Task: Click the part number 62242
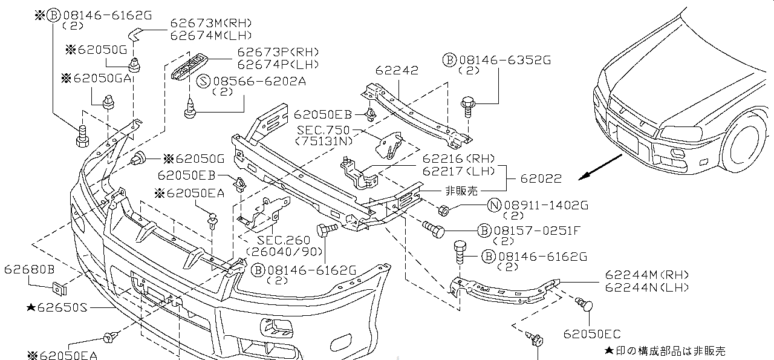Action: click(396, 70)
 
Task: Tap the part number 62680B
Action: click(29, 269)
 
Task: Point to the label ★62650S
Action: click(57, 307)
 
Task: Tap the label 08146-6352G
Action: click(505, 60)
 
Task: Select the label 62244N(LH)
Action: click(646, 287)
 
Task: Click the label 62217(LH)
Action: click(451, 171)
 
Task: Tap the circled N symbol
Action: click(494, 205)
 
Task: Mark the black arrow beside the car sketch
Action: click(600, 168)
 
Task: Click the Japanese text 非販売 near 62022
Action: click(461, 191)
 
